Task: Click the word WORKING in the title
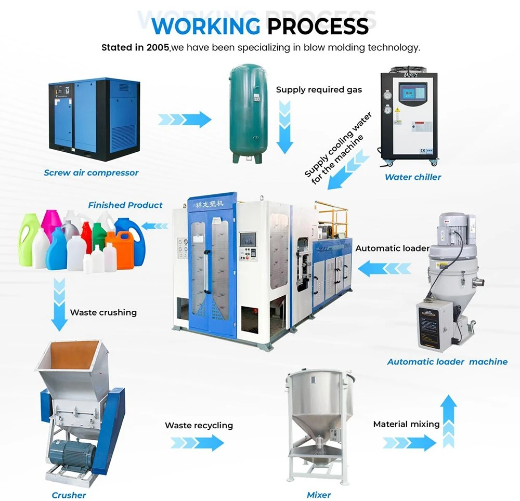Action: (x=206, y=26)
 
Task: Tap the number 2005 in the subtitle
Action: (x=158, y=48)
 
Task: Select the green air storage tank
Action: (x=248, y=113)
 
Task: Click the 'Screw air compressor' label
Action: (x=91, y=173)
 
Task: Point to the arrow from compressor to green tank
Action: (x=185, y=120)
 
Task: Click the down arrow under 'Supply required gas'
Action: (x=284, y=127)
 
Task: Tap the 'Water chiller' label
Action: (x=413, y=177)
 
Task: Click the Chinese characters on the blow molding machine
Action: (x=209, y=204)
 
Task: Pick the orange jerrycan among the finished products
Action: (x=120, y=249)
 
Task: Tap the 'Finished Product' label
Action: (x=125, y=205)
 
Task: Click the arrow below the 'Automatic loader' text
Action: (x=384, y=268)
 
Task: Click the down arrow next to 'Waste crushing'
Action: (x=59, y=305)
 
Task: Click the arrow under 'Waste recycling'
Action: (x=197, y=443)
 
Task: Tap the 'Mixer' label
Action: (x=319, y=495)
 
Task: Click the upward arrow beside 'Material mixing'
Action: (x=449, y=421)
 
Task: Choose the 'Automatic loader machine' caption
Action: (x=447, y=362)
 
